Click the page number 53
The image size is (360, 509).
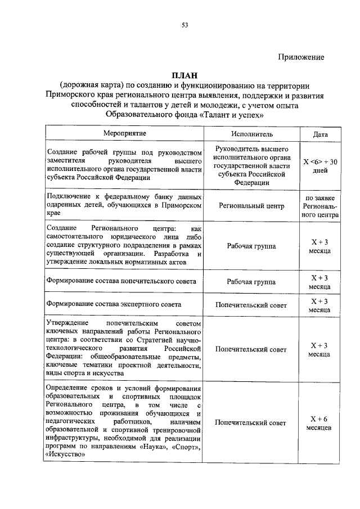(184, 25)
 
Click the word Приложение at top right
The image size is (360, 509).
(302, 57)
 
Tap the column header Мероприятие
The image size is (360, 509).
(124, 134)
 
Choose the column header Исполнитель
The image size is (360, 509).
(251, 134)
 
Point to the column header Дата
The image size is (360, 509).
(320, 134)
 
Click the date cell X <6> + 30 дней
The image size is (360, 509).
(320, 166)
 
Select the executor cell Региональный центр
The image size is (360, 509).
(251, 206)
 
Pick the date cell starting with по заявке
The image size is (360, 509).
(320, 206)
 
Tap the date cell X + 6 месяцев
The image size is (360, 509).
(319, 423)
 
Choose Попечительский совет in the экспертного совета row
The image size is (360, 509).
(251, 305)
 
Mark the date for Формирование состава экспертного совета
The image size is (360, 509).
(319, 305)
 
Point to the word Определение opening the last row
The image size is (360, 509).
(71, 389)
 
